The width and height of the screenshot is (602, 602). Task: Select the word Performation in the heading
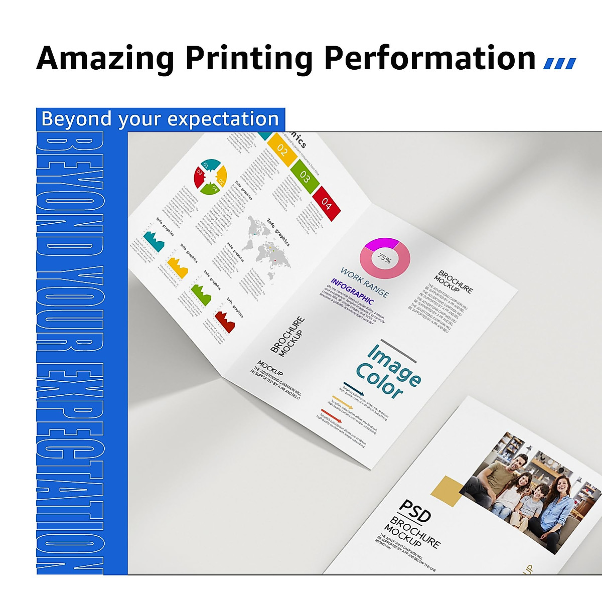pos(430,59)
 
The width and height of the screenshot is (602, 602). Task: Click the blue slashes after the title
pos(560,63)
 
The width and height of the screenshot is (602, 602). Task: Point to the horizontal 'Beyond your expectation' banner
pos(160,119)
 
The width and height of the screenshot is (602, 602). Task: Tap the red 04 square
pos(327,204)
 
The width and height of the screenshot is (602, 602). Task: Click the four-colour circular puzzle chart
pos(210,177)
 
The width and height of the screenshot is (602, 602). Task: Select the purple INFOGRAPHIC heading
pos(352,291)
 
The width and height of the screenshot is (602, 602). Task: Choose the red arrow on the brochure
pos(332,416)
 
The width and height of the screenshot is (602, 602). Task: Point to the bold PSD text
pos(414,511)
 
